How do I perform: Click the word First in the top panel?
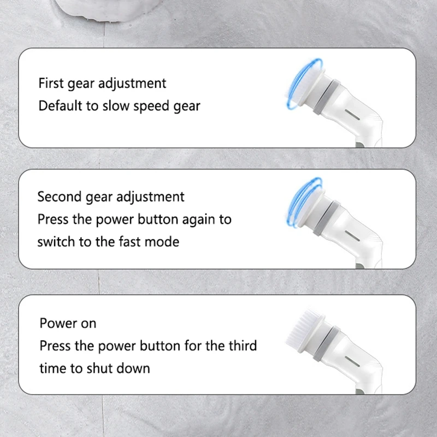(x=51, y=83)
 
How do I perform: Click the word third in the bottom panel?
(x=243, y=346)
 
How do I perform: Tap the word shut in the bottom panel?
(x=99, y=368)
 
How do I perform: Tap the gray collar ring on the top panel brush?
(x=326, y=97)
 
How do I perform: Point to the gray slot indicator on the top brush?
(x=352, y=115)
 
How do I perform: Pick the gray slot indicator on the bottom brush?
(x=352, y=362)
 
